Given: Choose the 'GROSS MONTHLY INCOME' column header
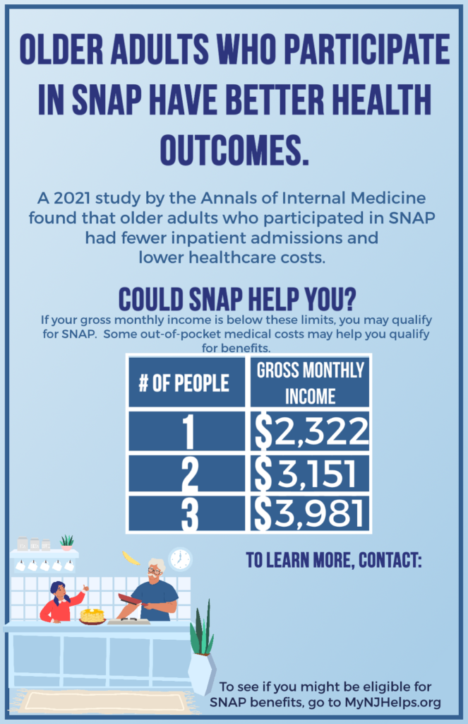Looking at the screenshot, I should pyautogui.click(x=311, y=383).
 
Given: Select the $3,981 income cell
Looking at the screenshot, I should pyautogui.click(x=311, y=514).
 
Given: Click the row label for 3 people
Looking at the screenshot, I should pyautogui.click(x=188, y=514).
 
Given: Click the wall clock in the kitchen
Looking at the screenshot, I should pyautogui.click(x=180, y=559).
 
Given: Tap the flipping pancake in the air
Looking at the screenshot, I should pyautogui.click(x=131, y=557).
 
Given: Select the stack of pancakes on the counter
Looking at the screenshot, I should pyautogui.click(x=92, y=615).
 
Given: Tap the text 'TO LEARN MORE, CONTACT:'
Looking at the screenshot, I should pyautogui.click(x=333, y=561).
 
